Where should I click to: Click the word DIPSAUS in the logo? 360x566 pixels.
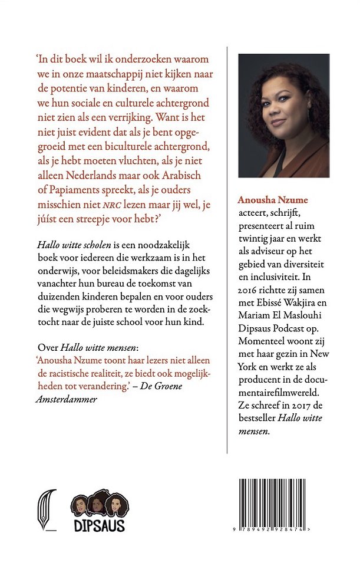coord(100,524)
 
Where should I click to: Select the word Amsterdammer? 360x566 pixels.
coord(65,399)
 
